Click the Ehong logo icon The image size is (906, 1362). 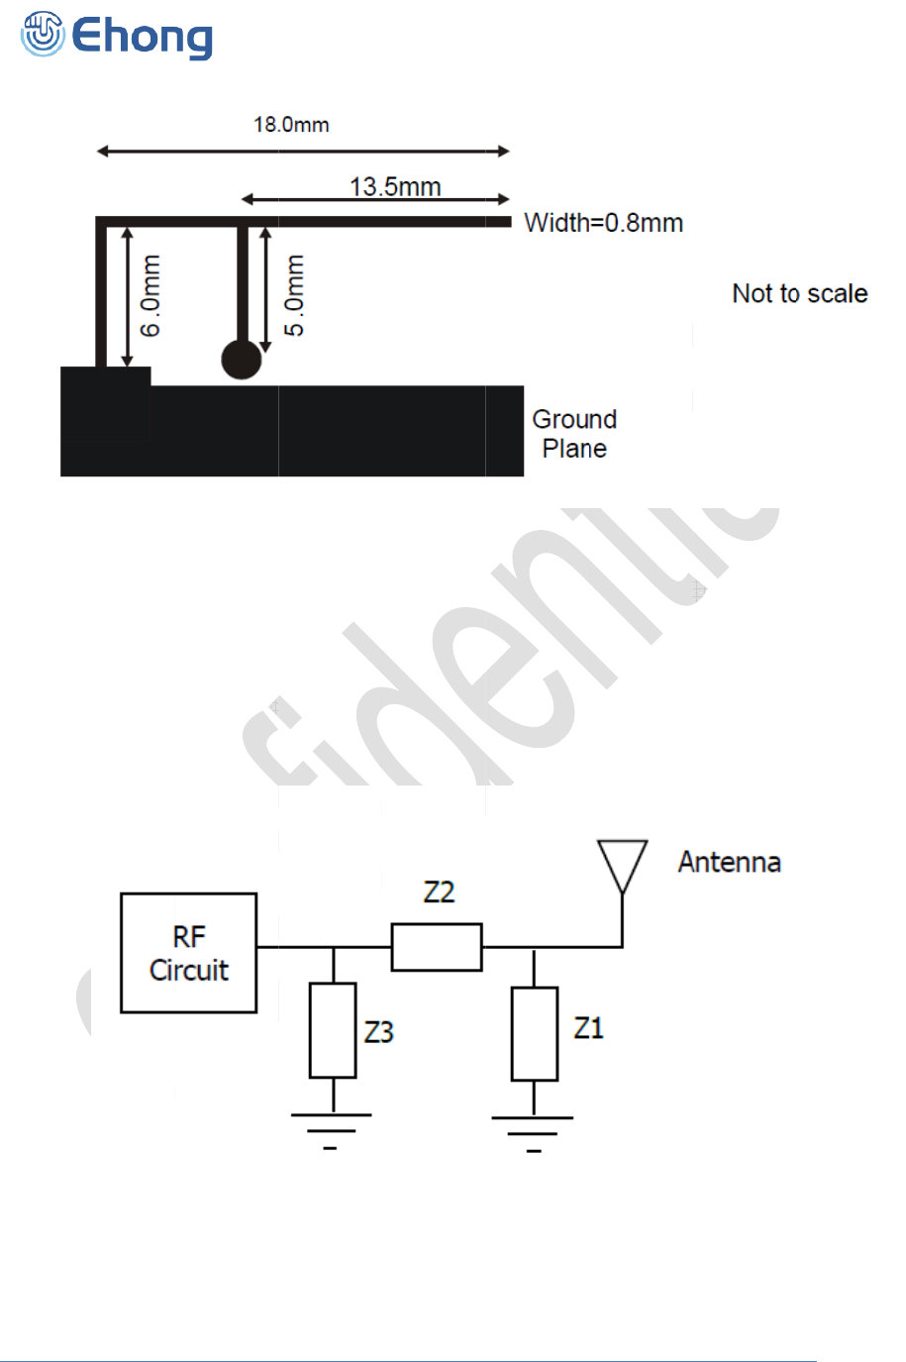pyautogui.click(x=42, y=34)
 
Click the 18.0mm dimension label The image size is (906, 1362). pyautogui.click(x=291, y=125)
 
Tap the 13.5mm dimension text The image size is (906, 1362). pyautogui.click(x=395, y=186)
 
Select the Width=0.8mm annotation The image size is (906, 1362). pyautogui.click(x=603, y=223)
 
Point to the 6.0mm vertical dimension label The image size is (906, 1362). pyautogui.click(x=151, y=295)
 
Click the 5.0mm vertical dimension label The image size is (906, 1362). pyautogui.click(x=294, y=295)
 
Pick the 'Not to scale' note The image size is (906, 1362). pyautogui.click(x=799, y=293)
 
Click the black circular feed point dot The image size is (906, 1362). pyautogui.click(x=242, y=360)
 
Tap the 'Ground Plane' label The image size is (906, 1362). pyautogui.click(x=574, y=434)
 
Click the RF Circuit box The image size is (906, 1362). pyautogui.click(x=188, y=953)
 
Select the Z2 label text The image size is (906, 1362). pyautogui.click(x=439, y=891)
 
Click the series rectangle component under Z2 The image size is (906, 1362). pyautogui.click(x=437, y=947)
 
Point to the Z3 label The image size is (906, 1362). pyautogui.click(x=379, y=1032)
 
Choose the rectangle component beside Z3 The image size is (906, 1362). pyautogui.click(x=333, y=1030)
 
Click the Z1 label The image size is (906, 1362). pyautogui.click(x=588, y=1028)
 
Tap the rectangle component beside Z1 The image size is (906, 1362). pyautogui.click(x=535, y=1033)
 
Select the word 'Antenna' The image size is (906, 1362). pyautogui.click(x=729, y=862)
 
